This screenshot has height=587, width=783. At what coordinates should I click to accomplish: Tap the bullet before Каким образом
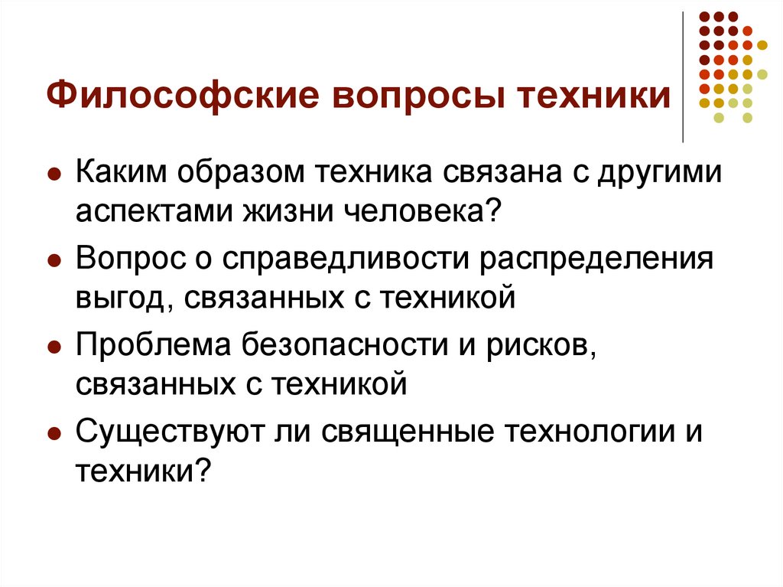click(x=54, y=174)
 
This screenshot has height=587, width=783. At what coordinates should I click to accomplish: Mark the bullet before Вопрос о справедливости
click(x=54, y=260)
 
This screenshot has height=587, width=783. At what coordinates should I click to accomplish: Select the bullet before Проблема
click(x=54, y=347)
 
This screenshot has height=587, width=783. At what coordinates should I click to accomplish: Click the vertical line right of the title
click(x=683, y=77)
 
